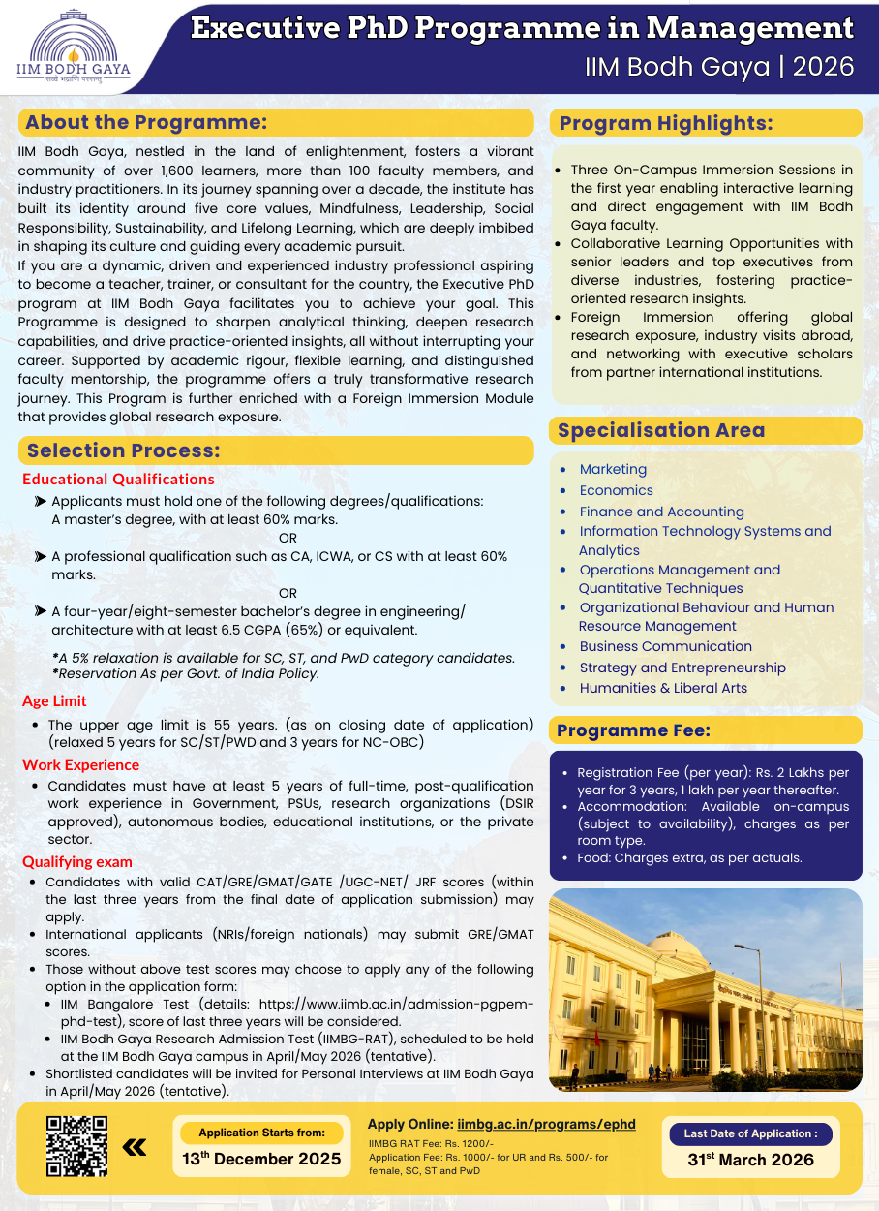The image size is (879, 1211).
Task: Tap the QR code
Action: (77, 1147)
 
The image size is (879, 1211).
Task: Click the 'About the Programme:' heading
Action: (146, 122)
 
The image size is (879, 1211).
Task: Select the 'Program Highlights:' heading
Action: (666, 123)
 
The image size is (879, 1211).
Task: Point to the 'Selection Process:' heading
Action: (124, 450)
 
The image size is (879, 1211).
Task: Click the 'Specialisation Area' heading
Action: (661, 430)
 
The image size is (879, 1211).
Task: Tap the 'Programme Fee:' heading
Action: (633, 730)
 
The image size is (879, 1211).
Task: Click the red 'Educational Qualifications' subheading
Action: (118, 479)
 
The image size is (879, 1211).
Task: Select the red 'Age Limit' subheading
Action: (54, 700)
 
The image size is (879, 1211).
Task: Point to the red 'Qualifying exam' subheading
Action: (77, 862)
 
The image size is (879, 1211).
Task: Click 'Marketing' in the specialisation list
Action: (613, 469)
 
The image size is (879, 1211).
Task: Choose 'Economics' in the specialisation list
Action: (616, 490)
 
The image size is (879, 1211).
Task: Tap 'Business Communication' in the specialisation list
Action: (665, 646)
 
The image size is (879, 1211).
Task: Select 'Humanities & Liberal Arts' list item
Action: (663, 688)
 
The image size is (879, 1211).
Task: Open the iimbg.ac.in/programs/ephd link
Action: (546, 1124)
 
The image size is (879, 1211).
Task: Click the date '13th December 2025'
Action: (261, 1159)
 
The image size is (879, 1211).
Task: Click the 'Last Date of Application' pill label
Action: (750, 1133)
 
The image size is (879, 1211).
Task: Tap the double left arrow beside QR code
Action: (135, 1148)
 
